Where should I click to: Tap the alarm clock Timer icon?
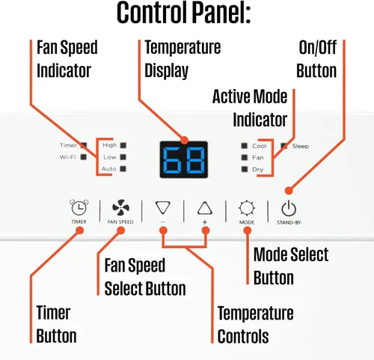coord(79,207)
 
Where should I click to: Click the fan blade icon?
coord(120,207)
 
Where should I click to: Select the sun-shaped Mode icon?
coord(247,208)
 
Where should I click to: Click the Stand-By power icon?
coord(289,208)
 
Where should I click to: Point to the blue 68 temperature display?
coord(184,159)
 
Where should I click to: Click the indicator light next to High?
coord(123,145)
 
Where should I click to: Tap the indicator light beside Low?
coord(123,157)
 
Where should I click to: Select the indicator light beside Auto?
coord(123,169)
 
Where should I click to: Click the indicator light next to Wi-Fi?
coord(84,157)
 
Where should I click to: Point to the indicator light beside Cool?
coord(245,146)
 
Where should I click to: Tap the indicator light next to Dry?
coord(245,169)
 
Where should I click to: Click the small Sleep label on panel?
coord(301,146)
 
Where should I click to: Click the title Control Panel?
coord(183,13)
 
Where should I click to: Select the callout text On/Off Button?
coord(316,59)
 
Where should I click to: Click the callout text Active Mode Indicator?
coord(250,109)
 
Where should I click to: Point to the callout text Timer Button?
coord(56,324)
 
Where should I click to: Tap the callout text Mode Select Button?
coord(291,266)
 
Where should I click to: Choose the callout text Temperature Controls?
coord(255,325)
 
